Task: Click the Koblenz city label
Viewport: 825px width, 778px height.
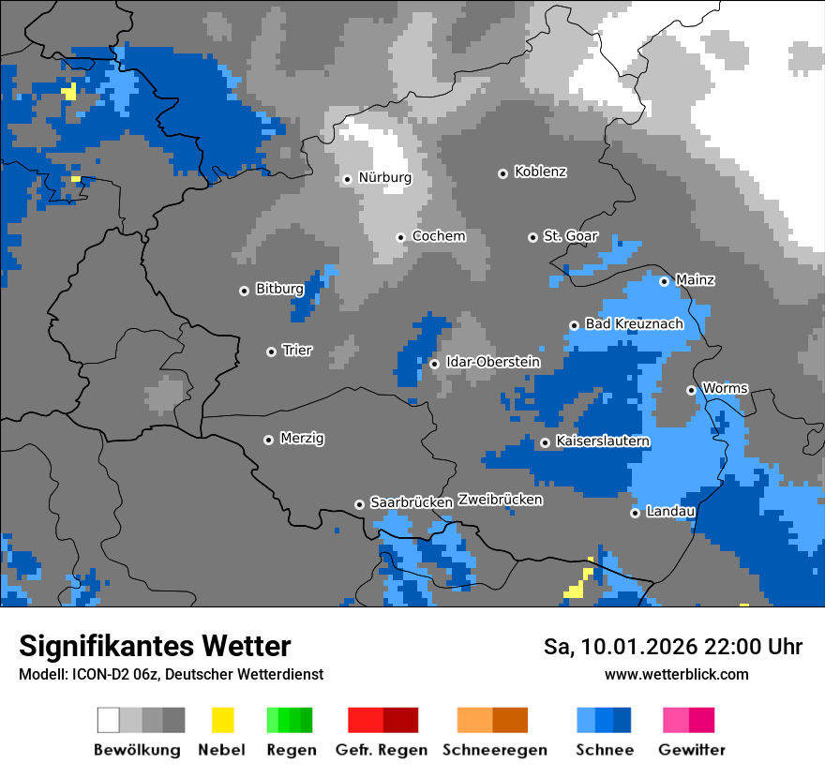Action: click(x=540, y=172)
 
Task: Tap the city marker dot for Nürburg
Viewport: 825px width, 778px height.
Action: click(x=347, y=178)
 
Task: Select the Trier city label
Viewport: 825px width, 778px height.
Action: click(x=297, y=351)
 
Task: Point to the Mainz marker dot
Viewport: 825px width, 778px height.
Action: click(x=664, y=281)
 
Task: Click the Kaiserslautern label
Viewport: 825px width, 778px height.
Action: click(x=603, y=441)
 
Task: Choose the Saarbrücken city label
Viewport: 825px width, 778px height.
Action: click(x=412, y=503)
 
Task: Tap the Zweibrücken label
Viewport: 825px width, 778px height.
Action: click(x=500, y=501)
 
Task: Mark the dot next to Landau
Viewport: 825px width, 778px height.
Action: click(x=635, y=513)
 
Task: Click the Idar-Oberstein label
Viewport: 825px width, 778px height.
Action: click(x=492, y=362)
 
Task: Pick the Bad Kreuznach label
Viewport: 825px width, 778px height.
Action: click(x=634, y=324)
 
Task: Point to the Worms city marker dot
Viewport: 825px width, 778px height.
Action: click(x=691, y=390)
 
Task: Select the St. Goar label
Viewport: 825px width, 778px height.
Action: click(x=570, y=237)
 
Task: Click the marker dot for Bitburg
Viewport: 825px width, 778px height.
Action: click(x=244, y=291)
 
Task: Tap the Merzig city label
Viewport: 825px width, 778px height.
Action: click(x=302, y=439)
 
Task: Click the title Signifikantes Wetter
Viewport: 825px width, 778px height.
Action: click(x=155, y=646)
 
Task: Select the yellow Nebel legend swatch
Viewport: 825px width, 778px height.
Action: click(x=222, y=720)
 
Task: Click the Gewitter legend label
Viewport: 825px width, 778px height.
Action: click(x=691, y=750)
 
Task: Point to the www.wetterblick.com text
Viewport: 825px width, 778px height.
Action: click(x=676, y=675)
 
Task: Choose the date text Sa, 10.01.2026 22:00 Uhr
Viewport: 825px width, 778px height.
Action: click(x=672, y=647)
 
